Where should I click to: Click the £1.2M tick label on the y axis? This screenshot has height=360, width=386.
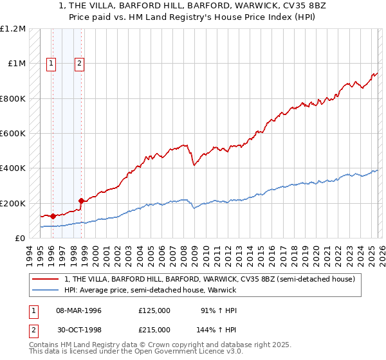click(14, 29)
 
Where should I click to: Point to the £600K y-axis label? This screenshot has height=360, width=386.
click(14, 134)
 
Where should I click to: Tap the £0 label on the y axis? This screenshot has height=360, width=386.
click(21, 239)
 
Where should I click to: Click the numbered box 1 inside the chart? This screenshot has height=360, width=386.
click(51, 63)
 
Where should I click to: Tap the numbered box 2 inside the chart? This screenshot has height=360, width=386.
click(79, 63)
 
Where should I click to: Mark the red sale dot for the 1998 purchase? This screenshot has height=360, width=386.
click(81, 201)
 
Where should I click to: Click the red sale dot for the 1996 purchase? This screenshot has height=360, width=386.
click(52, 217)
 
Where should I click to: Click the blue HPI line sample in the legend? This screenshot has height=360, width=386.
click(46, 289)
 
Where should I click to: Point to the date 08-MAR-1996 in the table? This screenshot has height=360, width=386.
click(78, 310)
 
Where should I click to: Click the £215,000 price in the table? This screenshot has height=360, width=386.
click(154, 329)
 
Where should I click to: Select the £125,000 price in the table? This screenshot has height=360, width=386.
click(154, 310)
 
